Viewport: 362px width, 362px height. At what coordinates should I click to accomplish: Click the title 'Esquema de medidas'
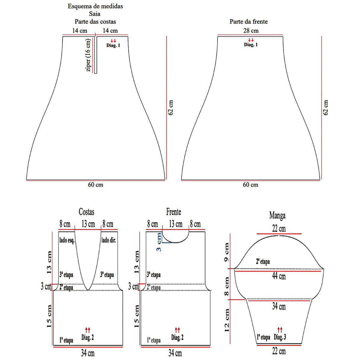tap(95, 6)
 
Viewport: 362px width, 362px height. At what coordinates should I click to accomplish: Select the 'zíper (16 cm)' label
tap(88, 55)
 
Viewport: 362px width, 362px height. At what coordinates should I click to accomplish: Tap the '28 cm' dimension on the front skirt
tap(251, 31)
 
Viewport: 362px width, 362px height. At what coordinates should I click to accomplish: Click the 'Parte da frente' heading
tap(249, 22)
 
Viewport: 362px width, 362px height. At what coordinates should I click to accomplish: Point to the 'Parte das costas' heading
tap(95, 22)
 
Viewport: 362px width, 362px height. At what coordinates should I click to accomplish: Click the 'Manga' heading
tap(277, 215)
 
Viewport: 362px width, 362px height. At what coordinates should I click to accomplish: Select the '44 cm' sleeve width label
tap(279, 276)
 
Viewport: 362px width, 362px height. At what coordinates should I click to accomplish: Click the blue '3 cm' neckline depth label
tap(159, 242)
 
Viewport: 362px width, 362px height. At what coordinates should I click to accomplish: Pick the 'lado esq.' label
tap(67, 240)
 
